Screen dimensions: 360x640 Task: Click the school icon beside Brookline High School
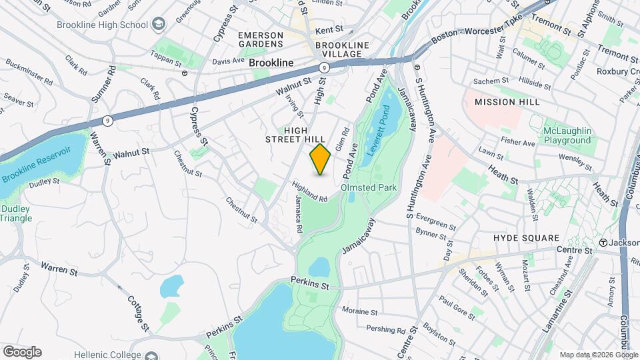point(159,25)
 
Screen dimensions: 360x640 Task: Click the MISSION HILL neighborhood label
point(504,102)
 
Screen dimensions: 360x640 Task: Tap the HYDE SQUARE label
point(526,238)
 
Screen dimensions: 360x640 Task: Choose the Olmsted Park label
point(369,188)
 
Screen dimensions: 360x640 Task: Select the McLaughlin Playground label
point(567,135)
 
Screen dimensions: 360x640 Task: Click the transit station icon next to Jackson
point(603,243)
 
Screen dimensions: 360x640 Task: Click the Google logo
point(22,352)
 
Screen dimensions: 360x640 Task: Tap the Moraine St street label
point(360,311)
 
